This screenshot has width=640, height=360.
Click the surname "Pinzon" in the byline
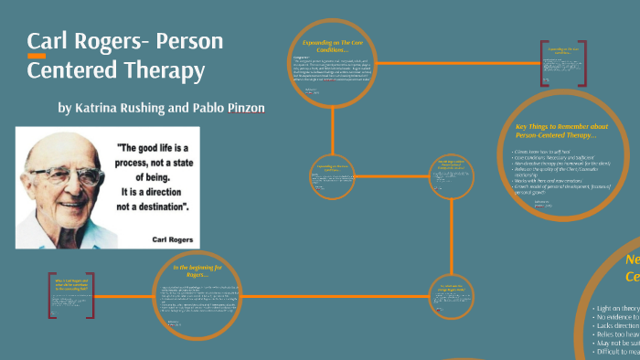243,108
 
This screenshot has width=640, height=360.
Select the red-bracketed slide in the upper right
563,63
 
